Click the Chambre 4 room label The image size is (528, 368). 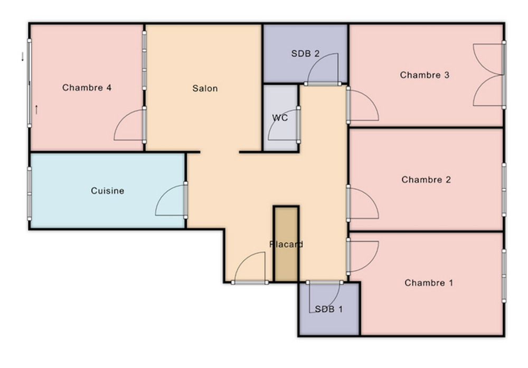click(x=87, y=88)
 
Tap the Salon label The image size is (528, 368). click(x=205, y=88)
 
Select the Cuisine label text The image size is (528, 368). click(x=107, y=191)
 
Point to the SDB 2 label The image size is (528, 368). click(x=305, y=53)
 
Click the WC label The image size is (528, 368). click(x=280, y=118)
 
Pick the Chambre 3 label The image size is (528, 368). click(x=425, y=75)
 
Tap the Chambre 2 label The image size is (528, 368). click(x=426, y=179)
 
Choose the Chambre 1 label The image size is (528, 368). click(x=429, y=283)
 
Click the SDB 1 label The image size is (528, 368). click(x=328, y=309)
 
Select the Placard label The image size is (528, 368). click(x=286, y=244)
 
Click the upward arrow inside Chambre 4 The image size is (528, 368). click(x=36, y=109)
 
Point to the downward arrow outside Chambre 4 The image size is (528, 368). click(x=23, y=57)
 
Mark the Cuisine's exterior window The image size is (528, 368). click(x=30, y=194)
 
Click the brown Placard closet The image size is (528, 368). click(x=286, y=244)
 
